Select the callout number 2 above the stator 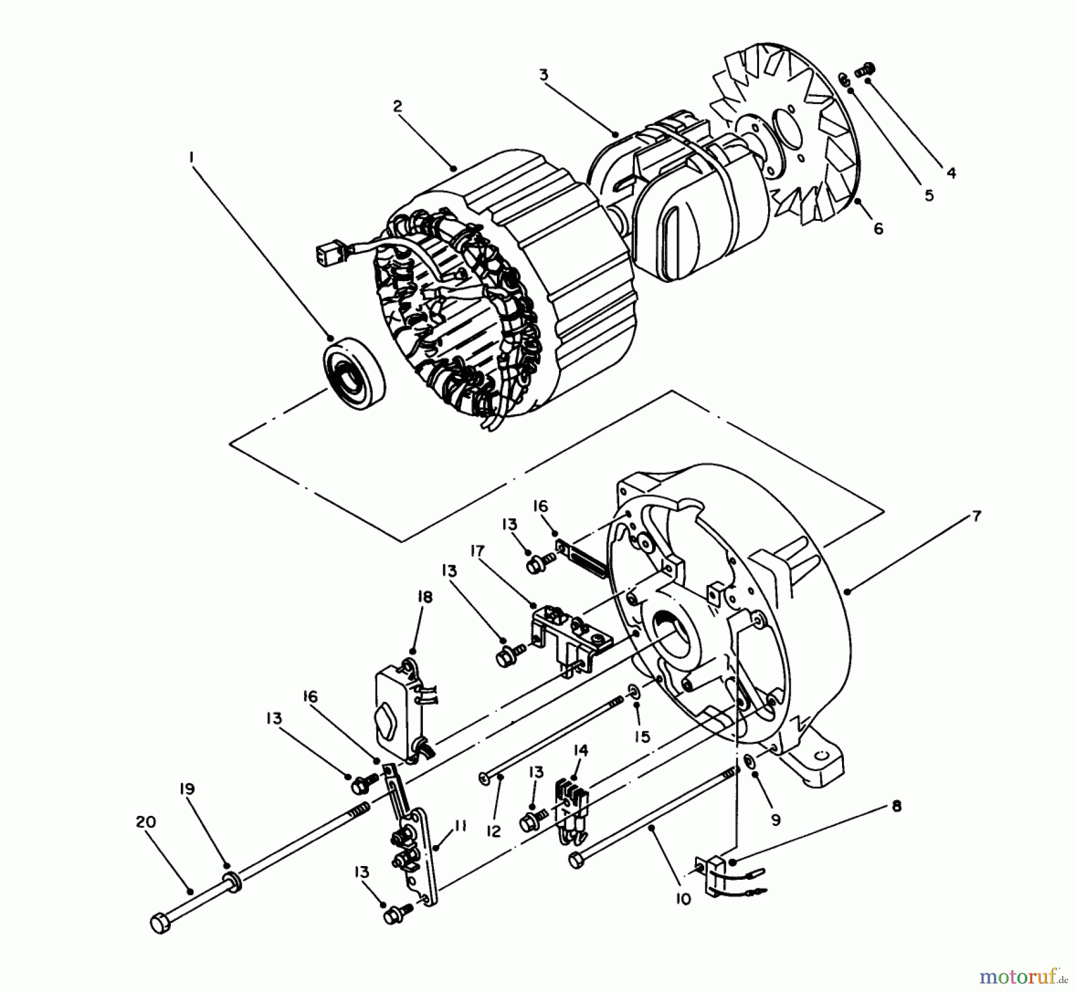[398, 106]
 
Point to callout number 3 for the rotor [543, 75]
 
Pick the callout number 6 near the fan [878, 229]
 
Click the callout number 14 [580, 750]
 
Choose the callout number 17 [477, 550]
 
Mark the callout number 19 [188, 789]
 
